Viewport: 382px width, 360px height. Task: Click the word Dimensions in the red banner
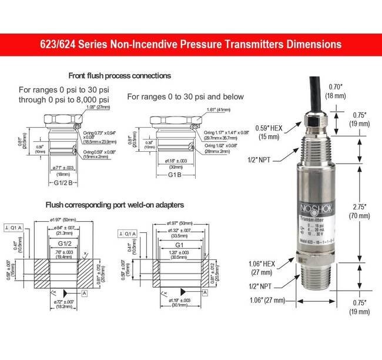tap(309, 44)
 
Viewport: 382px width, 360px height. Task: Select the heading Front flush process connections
tap(119, 76)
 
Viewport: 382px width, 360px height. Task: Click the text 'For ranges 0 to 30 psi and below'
tap(185, 96)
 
